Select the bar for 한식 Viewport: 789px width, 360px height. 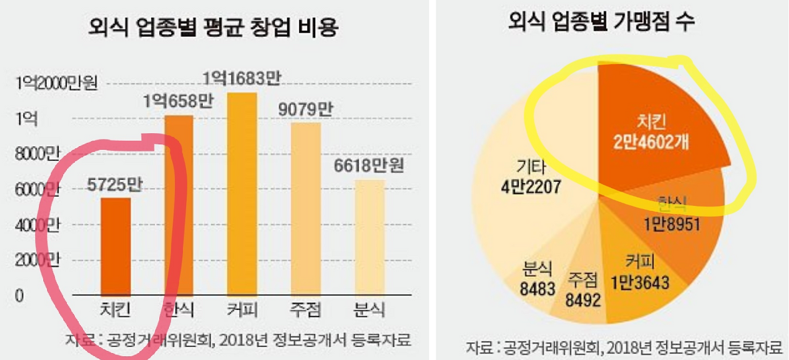pos(178,203)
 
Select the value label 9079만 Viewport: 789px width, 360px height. pos(305,109)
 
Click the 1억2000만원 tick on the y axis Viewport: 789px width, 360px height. pos(57,83)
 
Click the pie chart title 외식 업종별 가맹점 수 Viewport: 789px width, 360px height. pos(601,23)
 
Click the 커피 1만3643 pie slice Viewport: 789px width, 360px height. pos(641,277)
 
